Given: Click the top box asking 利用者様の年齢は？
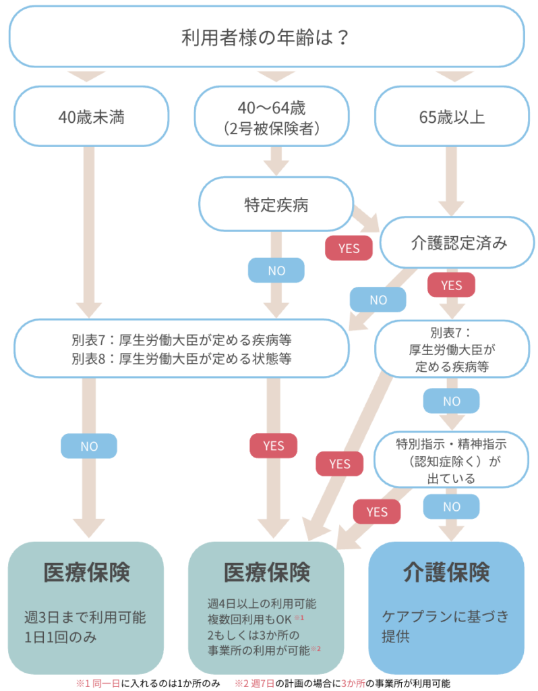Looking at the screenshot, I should (x=268, y=36).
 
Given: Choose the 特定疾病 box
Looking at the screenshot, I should (x=276, y=204).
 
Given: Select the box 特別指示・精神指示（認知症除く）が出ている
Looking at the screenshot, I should (x=451, y=461).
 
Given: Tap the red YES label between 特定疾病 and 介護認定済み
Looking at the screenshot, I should (x=349, y=248).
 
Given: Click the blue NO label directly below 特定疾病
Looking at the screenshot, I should (x=276, y=271).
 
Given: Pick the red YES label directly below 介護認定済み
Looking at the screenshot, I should (x=451, y=285).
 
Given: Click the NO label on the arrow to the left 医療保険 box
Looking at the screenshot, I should (x=89, y=445).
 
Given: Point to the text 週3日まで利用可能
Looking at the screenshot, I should (x=85, y=617).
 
